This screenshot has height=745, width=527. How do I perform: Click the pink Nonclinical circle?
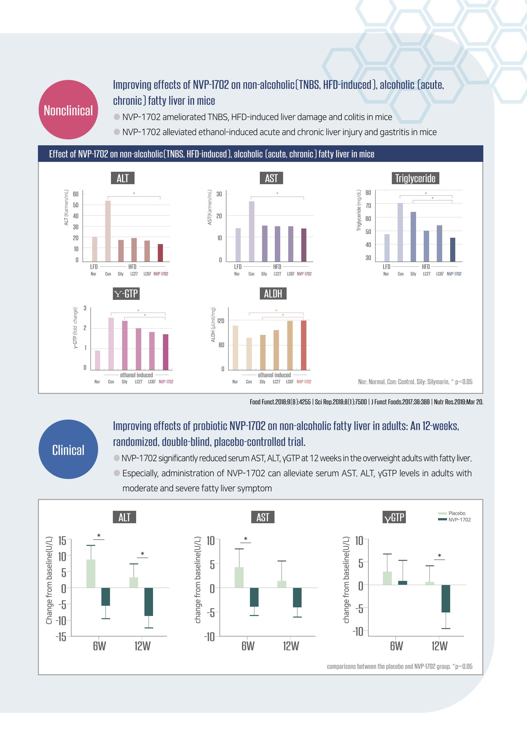[x=68, y=110]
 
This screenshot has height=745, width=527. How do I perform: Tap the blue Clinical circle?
[x=68, y=449]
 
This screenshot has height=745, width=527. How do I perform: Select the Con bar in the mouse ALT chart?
[x=108, y=231]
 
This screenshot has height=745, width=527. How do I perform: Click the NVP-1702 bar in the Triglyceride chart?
[x=453, y=250]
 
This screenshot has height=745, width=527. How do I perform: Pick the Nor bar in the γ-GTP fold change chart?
[x=98, y=360]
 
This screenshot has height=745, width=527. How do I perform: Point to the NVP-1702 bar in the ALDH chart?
[x=304, y=345]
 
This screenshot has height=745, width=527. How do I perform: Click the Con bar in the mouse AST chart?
[x=252, y=231]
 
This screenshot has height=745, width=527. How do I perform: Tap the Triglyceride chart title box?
[x=415, y=178]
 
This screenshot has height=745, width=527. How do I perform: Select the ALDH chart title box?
[x=273, y=294]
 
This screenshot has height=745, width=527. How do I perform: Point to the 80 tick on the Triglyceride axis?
[x=368, y=193]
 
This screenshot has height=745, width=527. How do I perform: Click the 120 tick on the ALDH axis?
[x=221, y=321]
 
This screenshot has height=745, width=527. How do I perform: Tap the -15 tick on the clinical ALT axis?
[x=61, y=637]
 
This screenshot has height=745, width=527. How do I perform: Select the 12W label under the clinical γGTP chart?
[x=439, y=646]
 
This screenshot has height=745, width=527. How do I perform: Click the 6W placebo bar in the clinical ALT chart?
[x=91, y=573]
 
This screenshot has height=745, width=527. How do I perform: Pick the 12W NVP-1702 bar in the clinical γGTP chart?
[x=445, y=598]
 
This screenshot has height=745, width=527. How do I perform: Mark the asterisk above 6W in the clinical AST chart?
[x=246, y=539]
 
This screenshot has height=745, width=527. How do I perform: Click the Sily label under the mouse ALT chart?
[x=121, y=274]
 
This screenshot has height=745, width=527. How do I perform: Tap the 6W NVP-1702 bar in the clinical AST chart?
[x=254, y=597]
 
